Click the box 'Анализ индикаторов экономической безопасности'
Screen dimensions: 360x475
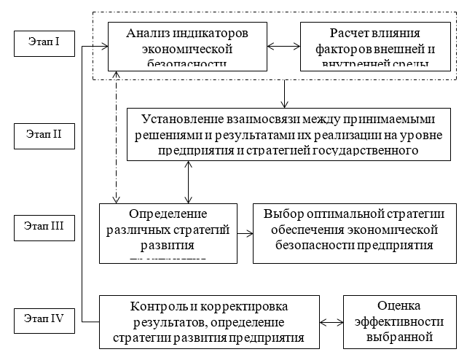tap(188, 46)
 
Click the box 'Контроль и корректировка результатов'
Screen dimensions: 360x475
tap(209, 321)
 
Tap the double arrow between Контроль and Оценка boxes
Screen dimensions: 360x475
tap(331, 321)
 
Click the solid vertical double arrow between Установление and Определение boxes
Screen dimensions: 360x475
tap(189, 181)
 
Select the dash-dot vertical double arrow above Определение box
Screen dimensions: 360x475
tap(115, 138)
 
